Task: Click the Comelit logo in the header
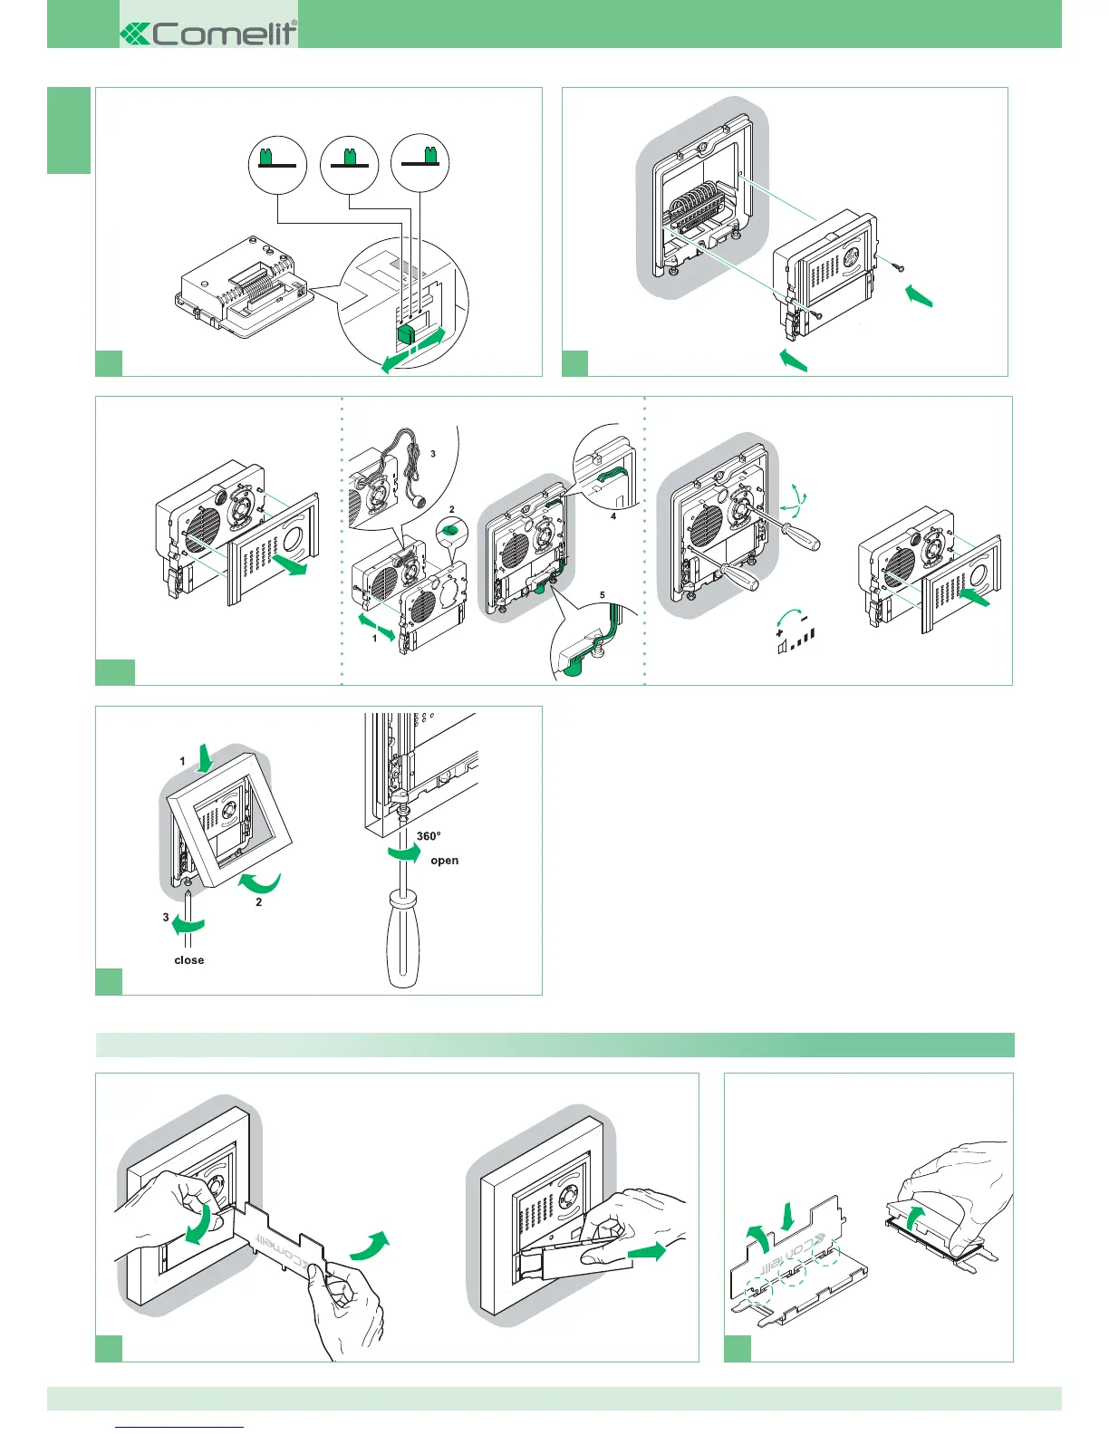pyautogui.click(x=208, y=34)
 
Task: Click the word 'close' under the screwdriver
pyautogui.click(x=188, y=960)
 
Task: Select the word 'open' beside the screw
pyautogui.click(x=444, y=861)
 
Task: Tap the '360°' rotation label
pyautogui.click(x=429, y=836)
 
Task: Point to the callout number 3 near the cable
pyautogui.click(x=433, y=454)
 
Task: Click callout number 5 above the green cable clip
pyautogui.click(x=603, y=595)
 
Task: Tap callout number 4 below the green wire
pyautogui.click(x=613, y=516)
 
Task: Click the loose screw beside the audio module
pyautogui.click(x=896, y=266)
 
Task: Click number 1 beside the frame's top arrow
pyautogui.click(x=182, y=761)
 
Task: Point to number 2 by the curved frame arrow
pyautogui.click(x=258, y=902)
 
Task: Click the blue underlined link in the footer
pyautogui.click(x=180, y=1428)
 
